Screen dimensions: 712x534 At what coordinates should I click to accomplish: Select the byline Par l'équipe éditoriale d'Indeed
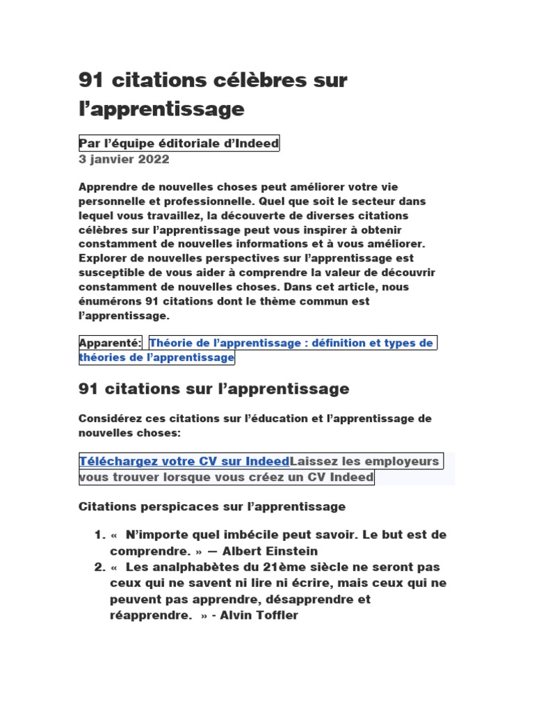click(x=179, y=143)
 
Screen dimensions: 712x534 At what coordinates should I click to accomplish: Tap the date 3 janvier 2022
click(x=124, y=159)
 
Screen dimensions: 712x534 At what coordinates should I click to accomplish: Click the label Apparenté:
click(x=111, y=342)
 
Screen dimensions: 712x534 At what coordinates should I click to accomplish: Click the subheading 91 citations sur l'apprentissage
click(x=214, y=389)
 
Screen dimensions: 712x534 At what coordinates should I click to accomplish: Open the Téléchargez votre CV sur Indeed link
click(x=184, y=461)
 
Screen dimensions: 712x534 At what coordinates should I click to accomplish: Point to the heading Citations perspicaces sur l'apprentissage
click(x=212, y=506)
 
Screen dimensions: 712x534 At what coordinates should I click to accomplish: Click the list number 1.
click(x=98, y=535)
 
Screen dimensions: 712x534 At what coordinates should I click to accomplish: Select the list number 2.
click(x=98, y=567)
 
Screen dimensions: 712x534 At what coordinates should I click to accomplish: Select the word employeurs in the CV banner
click(x=402, y=461)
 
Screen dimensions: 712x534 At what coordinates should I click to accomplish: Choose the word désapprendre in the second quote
click(x=308, y=599)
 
